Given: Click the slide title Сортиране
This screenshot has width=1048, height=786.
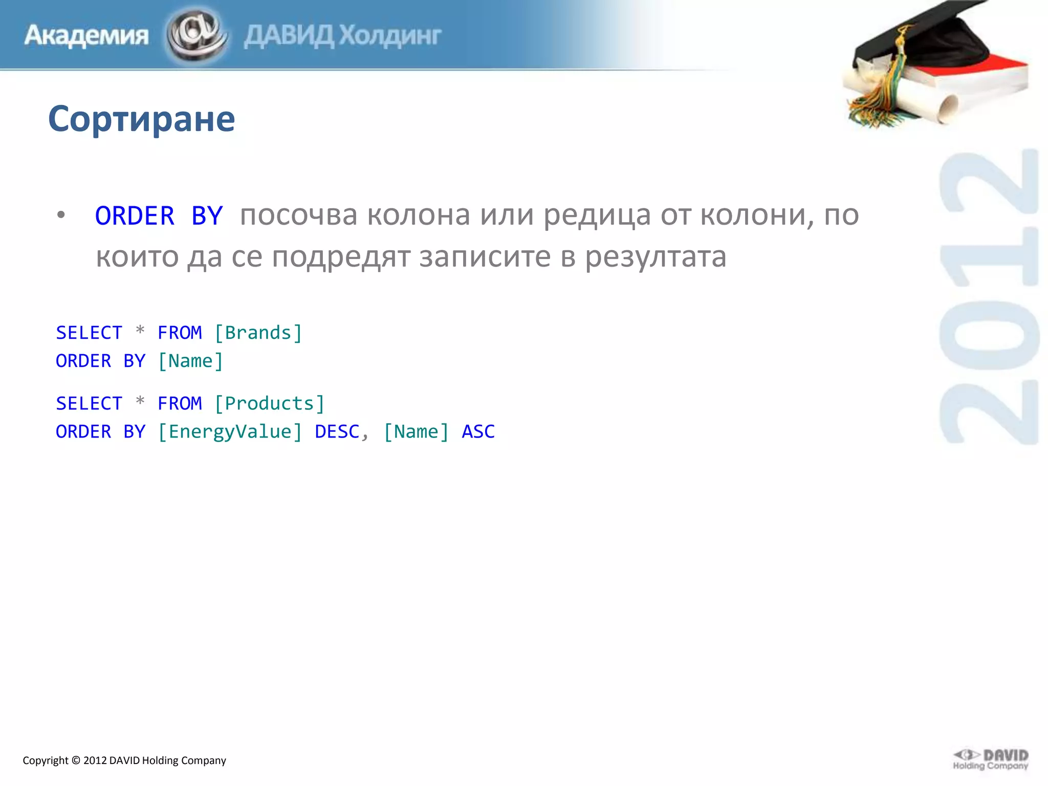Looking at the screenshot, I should pyautogui.click(x=141, y=119).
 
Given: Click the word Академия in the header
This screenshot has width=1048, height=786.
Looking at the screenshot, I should pyautogui.click(x=86, y=36).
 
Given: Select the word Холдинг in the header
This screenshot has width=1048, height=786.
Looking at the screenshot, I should pyautogui.click(x=390, y=36).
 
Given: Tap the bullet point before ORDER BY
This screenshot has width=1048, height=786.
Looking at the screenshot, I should pyautogui.click(x=61, y=215).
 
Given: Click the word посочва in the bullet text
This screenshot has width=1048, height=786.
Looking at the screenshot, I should pyautogui.click(x=298, y=215).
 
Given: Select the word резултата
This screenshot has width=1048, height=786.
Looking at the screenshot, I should pyautogui.click(x=656, y=257).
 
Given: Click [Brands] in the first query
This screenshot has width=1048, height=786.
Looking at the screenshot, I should pyautogui.click(x=258, y=333).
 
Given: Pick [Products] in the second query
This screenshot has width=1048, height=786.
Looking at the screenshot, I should pyautogui.click(x=269, y=404).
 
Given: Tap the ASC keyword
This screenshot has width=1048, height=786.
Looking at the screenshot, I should pyautogui.click(x=478, y=432).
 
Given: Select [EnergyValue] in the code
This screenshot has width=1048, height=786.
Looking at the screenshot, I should pyautogui.click(x=230, y=432).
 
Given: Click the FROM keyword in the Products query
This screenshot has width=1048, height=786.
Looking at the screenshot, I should pyautogui.click(x=180, y=404).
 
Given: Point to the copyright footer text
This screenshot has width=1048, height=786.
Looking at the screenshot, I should pyautogui.click(x=124, y=760).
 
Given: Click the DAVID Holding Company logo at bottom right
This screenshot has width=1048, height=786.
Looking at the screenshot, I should pyautogui.click(x=991, y=759).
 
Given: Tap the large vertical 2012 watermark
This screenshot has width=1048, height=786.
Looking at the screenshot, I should pyautogui.click(x=989, y=297).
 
